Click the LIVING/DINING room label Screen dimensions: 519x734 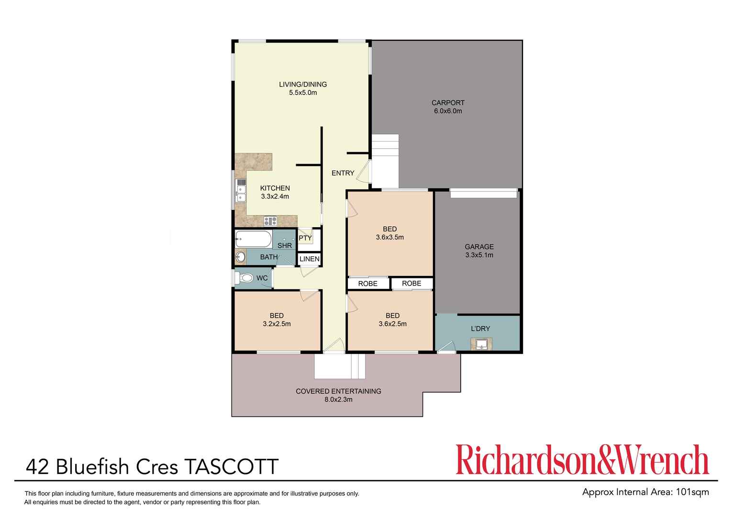pos(303,85)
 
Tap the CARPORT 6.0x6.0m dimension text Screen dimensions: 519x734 pos(448,111)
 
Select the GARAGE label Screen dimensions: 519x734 pos(479,247)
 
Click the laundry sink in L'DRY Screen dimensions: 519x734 pos(481,343)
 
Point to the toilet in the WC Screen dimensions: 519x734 pos(246,278)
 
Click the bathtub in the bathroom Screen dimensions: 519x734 pos(254,239)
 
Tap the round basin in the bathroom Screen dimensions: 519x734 pos(241,257)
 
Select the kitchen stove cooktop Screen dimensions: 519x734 pos(270,221)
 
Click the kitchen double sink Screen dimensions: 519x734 pos(241,192)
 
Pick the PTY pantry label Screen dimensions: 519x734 pos(305,238)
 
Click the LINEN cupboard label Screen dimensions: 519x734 pos(309,259)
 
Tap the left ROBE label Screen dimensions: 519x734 pos(367,284)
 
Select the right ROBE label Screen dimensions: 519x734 pos(411,284)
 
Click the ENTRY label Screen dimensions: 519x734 pos(343,173)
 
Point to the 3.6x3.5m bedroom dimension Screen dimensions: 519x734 pos(389,237)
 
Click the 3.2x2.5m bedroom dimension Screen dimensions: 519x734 pos(277,324)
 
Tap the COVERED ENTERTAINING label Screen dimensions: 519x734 pos(338,391)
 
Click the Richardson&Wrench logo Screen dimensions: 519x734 pos(582,460)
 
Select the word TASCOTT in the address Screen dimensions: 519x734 pos(231,467)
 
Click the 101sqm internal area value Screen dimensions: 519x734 pos(692,492)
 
